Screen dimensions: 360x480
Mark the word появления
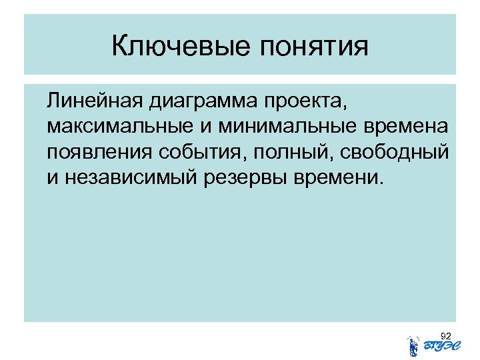click(100, 153)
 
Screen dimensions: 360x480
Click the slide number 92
click(446, 335)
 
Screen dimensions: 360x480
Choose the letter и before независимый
click(53, 178)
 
